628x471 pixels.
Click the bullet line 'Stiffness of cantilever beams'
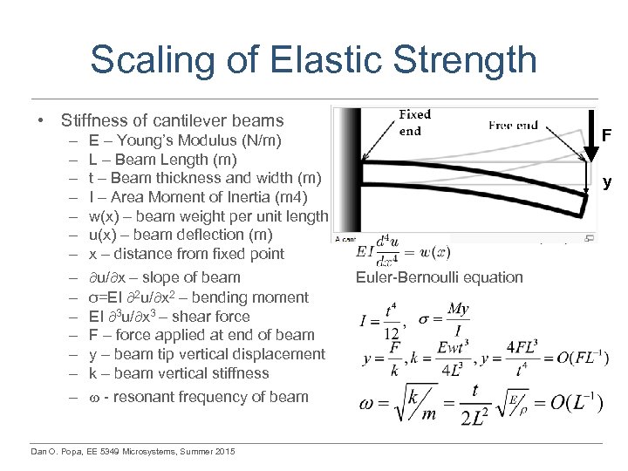click(172, 120)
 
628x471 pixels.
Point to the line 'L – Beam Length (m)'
click(162, 159)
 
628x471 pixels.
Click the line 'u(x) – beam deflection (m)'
click(180, 235)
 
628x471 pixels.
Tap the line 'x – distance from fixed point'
click(186, 254)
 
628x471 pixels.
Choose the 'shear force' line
click(168, 316)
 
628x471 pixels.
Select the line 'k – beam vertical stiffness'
click(178, 373)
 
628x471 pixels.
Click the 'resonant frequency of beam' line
click(198, 397)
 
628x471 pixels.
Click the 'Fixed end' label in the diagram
click(414, 123)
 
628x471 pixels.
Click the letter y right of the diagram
click(607, 182)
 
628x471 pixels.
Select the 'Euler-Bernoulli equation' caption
click(439, 277)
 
